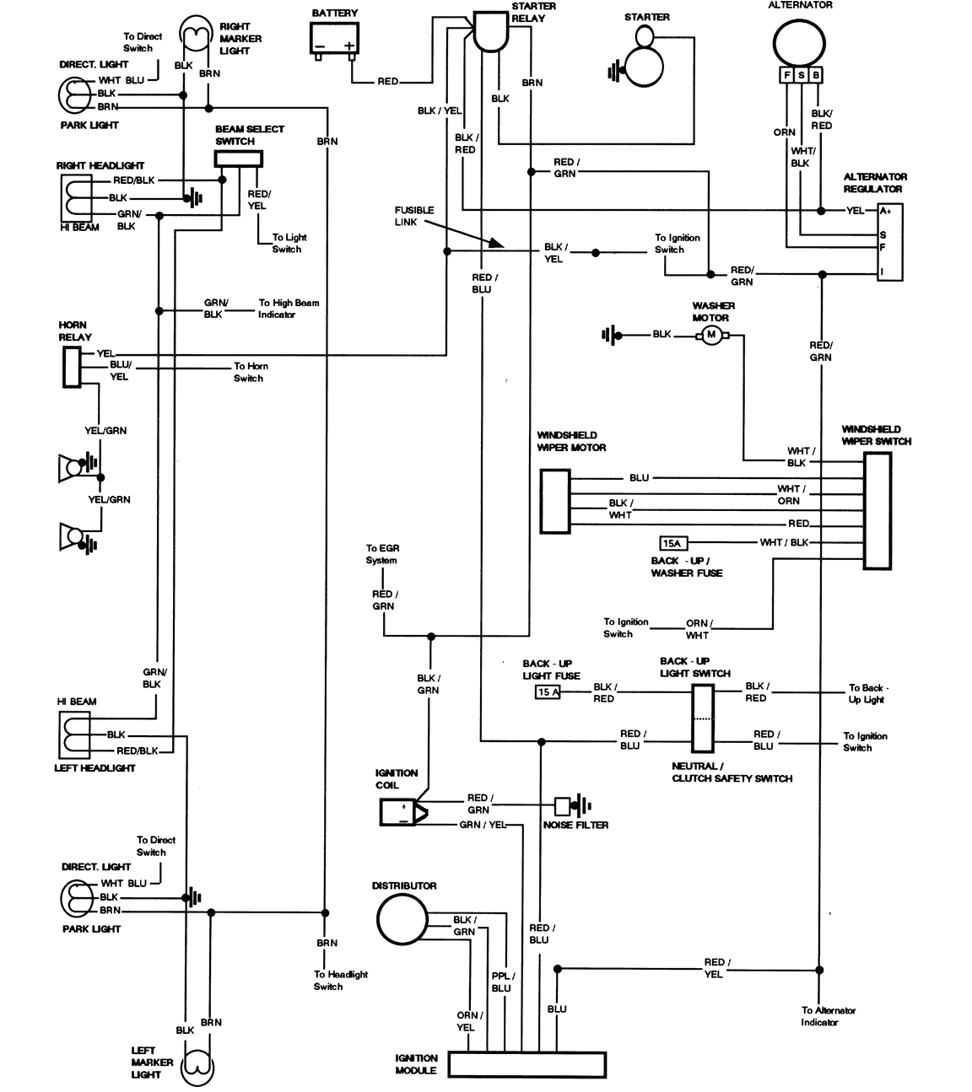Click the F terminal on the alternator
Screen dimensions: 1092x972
[786, 76]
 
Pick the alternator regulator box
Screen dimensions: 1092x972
[889, 241]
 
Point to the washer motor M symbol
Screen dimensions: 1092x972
[710, 336]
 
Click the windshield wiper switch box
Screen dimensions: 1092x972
[877, 511]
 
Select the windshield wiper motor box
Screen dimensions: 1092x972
[554, 501]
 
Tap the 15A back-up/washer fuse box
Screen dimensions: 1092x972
[672, 543]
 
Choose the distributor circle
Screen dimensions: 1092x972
[402, 919]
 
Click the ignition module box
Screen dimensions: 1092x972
[526, 1064]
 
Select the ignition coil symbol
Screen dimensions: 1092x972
[402, 811]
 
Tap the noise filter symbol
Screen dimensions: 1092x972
[564, 805]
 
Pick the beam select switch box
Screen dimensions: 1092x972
[238, 159]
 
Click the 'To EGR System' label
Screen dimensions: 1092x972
[381, 554]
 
